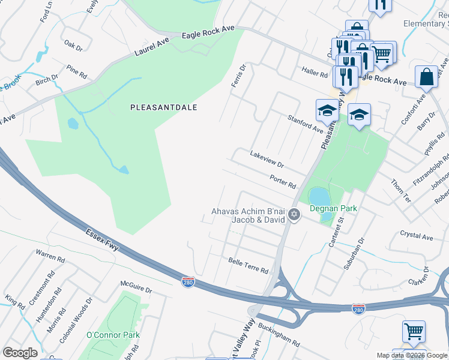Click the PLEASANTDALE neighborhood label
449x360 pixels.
164,107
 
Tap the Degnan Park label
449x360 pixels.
333,208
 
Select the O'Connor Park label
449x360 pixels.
113,335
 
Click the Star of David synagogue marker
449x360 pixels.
294,214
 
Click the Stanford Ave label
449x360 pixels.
305,124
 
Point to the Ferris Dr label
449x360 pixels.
239,76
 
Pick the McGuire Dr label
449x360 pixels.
136,289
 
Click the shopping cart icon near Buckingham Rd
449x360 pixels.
414,331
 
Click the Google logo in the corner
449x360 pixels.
20,353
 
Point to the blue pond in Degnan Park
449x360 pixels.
319,196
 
